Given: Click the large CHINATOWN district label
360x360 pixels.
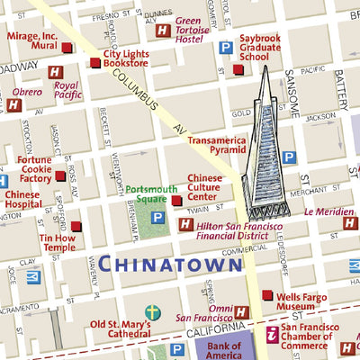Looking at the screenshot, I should pyautogui.click(x=169, y=264).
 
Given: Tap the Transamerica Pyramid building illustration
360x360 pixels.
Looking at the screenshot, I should pyautogui.click(x=271, y=148).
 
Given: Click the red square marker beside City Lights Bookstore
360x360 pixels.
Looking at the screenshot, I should pyautogui.click(x=94, y=62).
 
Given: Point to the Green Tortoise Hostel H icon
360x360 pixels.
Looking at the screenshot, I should pyautogui.click(x=162, y=31).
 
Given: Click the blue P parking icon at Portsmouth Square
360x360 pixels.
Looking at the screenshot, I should pyautogui.click(x=157, y=218).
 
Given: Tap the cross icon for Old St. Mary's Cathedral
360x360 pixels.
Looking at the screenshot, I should pyautogui.click(x=153, y=312).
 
